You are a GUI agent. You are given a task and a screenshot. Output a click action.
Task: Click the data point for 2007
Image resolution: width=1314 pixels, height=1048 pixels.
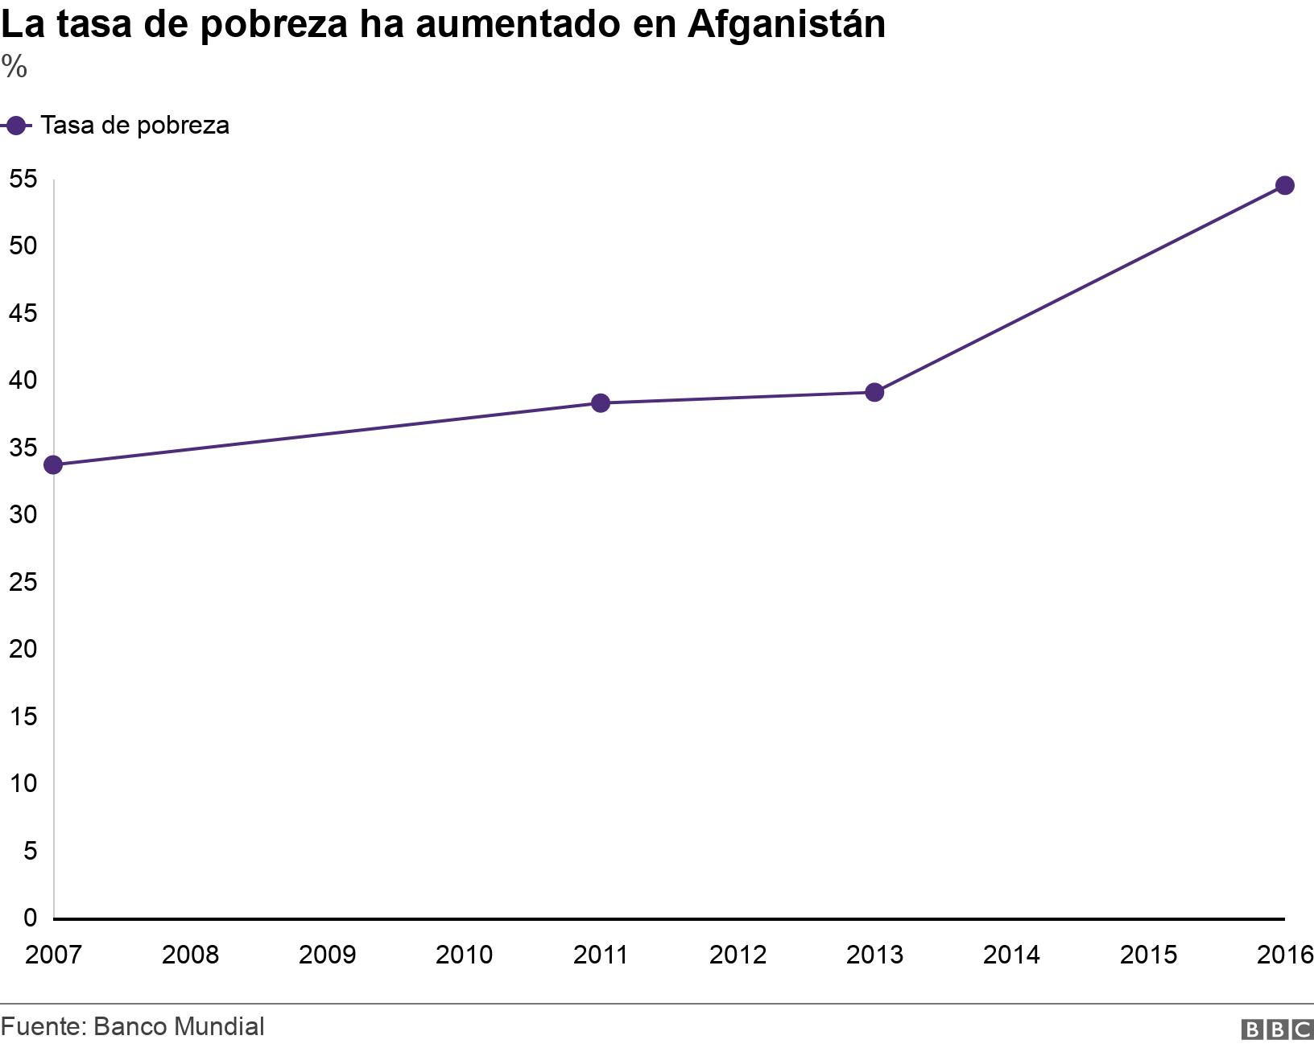tap(53, 465)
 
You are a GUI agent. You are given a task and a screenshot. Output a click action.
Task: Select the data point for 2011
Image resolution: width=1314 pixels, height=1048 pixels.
tap(601, 402)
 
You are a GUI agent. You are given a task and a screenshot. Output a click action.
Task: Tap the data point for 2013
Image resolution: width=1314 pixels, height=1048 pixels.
tap(874, 393)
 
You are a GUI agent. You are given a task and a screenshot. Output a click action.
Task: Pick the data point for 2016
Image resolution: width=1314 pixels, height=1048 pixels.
tap(1284, 186)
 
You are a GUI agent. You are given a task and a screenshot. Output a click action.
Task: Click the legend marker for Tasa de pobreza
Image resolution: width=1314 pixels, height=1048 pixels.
tap(15, 126)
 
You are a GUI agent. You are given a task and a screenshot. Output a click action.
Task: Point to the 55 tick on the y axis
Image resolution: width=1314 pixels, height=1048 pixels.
tap(23, 179)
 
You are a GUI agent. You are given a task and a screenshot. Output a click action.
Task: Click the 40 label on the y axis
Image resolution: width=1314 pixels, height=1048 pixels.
tap(23, 380)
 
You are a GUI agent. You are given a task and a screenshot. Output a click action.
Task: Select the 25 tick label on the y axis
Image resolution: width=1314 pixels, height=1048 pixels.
tap(23, 581)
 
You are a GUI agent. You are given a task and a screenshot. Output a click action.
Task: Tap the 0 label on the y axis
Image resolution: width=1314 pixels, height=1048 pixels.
tap(30, 917)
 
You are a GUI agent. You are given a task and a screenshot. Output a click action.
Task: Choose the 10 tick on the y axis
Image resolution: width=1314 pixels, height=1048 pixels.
tap(23, 782)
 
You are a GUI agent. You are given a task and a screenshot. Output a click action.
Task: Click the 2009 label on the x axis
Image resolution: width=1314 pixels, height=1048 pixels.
tap(327, 955)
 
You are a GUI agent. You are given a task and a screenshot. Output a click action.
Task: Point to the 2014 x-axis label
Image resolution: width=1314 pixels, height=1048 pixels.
tap(1011, 955)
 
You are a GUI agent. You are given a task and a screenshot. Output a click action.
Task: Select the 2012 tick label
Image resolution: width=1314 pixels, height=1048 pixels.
tap(738, 955)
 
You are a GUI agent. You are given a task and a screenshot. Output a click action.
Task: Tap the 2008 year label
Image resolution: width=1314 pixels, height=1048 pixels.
tap(190, 955)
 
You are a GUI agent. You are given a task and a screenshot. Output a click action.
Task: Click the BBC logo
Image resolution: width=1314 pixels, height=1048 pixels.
tap(1277, 1029)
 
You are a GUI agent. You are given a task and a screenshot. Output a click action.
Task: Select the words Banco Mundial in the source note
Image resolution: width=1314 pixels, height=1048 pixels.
tap(179, 1026)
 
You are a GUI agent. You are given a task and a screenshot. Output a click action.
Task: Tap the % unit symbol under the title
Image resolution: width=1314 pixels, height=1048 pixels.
tap(14, 68)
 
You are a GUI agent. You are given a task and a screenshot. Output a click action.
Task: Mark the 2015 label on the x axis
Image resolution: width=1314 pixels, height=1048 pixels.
tap(1148, 955)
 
